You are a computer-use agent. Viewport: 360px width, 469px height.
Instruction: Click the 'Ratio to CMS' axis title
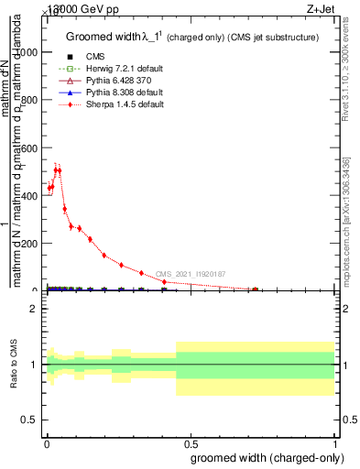[x=14, y=365]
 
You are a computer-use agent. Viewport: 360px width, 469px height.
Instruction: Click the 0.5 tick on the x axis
[x=191, y=442]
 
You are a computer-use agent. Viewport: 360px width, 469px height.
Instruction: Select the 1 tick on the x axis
[x=336, y=442]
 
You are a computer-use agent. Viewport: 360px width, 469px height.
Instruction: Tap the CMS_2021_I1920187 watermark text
[x=190, y=274]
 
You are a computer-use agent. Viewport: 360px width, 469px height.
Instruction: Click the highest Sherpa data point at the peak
[x=57, y=170]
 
